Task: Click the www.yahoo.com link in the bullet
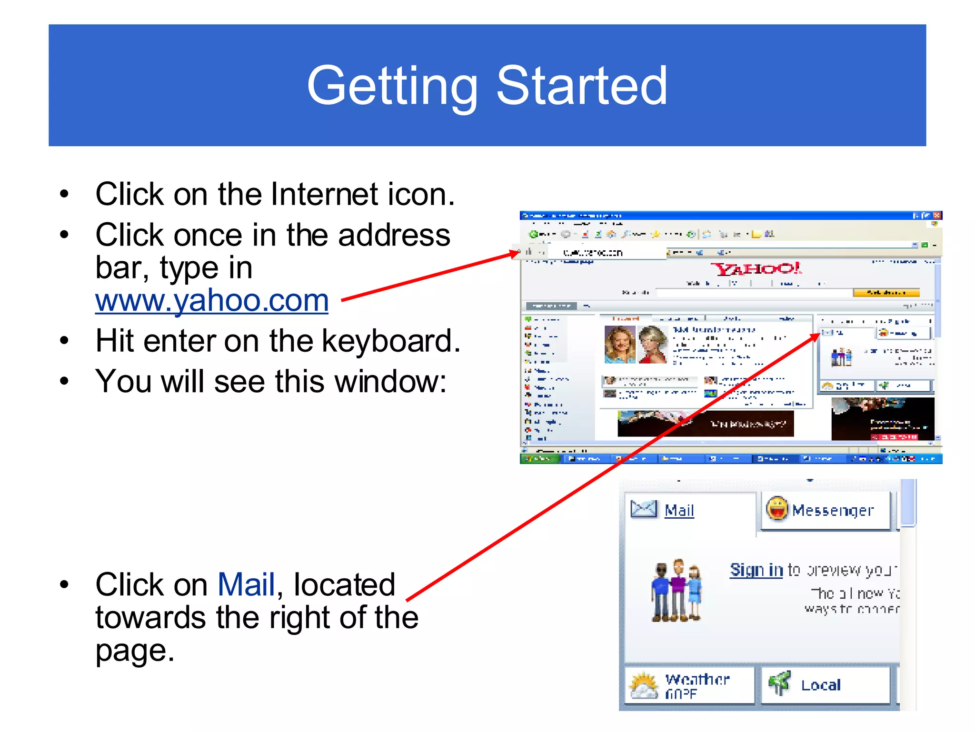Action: click(212, 301)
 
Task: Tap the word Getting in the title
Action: click(392, 87)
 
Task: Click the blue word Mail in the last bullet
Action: click(246, 584)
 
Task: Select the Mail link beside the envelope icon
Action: click(679, 510)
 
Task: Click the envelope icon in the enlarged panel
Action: click(644, 509)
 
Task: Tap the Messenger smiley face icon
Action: click(777, 509)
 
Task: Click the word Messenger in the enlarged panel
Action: click(833, 511)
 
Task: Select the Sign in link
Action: click(756, 570)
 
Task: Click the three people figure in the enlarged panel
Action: click(677, 591)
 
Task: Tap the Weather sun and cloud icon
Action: click(644, 685)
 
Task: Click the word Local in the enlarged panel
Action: click(821, 685)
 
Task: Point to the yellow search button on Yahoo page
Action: click(886, 292)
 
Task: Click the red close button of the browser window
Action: click(937, 216)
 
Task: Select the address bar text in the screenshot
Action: click(593, 253)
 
